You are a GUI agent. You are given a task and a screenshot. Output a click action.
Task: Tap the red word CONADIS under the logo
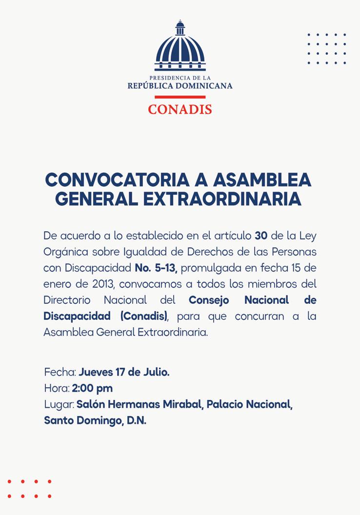click(x=180, y=108)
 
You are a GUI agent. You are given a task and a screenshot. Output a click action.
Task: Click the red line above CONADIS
click(x=180, y=97)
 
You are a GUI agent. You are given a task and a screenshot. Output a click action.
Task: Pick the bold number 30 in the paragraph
click(x=261, y=236)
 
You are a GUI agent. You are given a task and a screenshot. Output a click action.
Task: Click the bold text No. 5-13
click(x=156, y=268)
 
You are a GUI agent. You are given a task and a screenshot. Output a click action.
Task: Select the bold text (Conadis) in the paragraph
click(x=144, y=316)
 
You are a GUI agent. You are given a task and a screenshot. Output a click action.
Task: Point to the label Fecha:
click(x=60, y=372)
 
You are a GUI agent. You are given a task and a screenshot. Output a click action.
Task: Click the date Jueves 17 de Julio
click(x=124, y=372)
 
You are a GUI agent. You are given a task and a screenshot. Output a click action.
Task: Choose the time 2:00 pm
click(x=92, y=388)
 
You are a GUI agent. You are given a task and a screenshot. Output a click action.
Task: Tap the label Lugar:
click(x=59, y=404)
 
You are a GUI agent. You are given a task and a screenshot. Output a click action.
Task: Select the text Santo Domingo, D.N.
click(x=95, y=420)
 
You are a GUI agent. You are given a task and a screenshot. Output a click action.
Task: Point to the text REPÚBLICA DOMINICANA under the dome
click(x=180, y=86)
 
